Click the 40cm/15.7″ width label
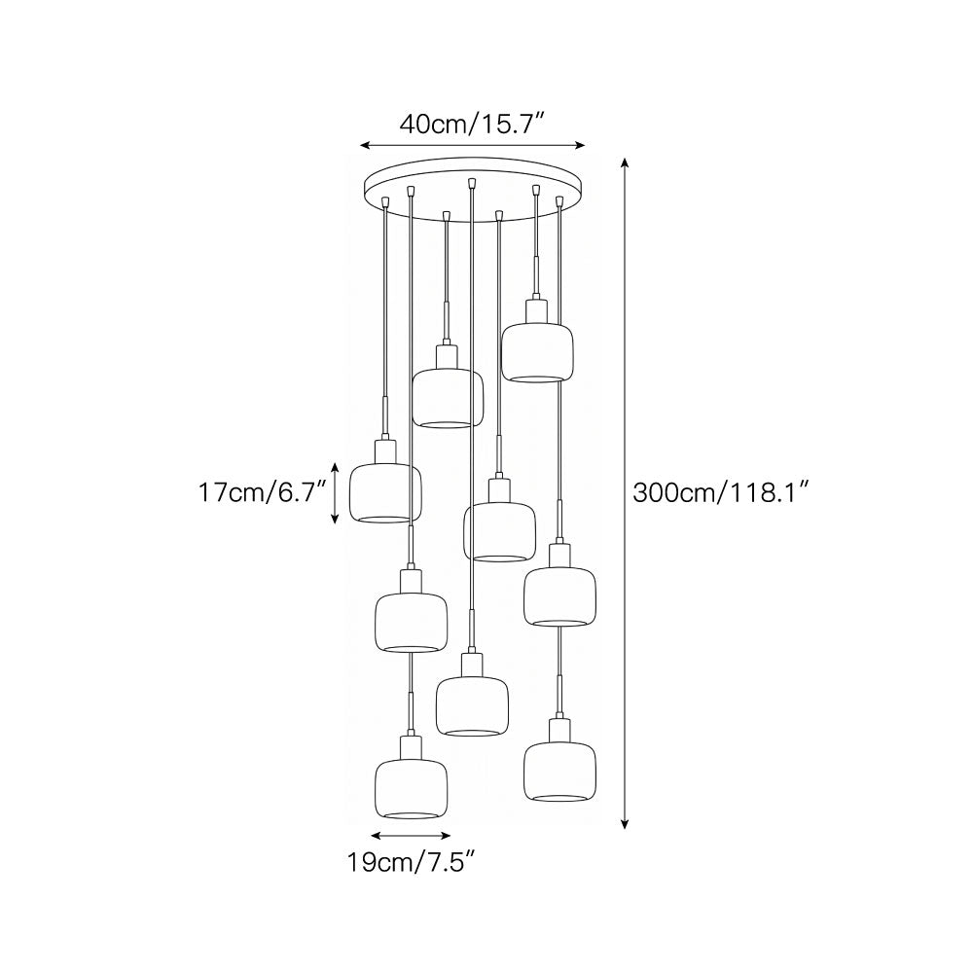pyautogui.click(x=472, y=125)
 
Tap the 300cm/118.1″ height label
pyautogui.click(x=721, y=493)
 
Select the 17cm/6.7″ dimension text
pyautogui.click(x=262, y=493)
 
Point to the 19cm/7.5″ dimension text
pyautogui.click(x=411, y=862)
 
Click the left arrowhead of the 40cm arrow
pyautogui.click(x=365, y=145)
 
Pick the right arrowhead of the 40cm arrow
pyautogui.click(x=580, y=145)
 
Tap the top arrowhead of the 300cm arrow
pyautogui.click(x=625, y=163)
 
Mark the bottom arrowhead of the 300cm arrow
pyautogui.click(x=625, y=823)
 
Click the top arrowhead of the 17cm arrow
pyautogui.click(x=335, y=468)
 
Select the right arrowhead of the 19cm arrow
pyautogui.click(x=446, y=835)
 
